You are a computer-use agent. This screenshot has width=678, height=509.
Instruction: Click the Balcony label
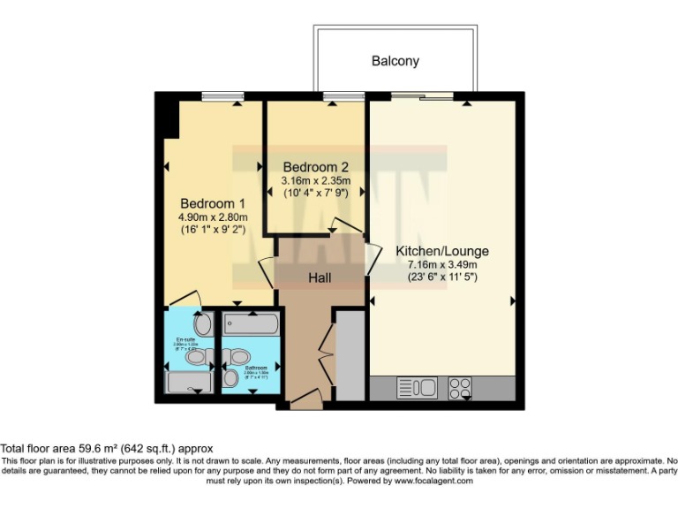pos(395,62)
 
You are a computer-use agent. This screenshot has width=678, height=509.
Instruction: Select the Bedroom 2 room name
pos(315,167)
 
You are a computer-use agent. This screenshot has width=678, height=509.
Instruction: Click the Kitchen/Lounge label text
pos(442,251)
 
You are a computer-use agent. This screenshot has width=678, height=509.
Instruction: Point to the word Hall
pos(320,278)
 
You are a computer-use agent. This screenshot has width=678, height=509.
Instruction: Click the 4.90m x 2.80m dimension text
pos(213,217)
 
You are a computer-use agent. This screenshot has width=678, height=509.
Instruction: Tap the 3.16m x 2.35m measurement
pos(315,181)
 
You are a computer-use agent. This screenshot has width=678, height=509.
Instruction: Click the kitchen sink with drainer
pos(417,387)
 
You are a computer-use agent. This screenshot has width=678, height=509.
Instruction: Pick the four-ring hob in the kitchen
pos(460,387)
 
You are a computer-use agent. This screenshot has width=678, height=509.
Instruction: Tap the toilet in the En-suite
pos(200,356)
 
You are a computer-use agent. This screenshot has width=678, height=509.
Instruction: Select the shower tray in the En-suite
pos(187,383)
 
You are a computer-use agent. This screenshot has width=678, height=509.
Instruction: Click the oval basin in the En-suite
pos(203,325)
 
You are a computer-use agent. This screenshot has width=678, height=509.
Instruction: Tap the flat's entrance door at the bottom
pos(305,402)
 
